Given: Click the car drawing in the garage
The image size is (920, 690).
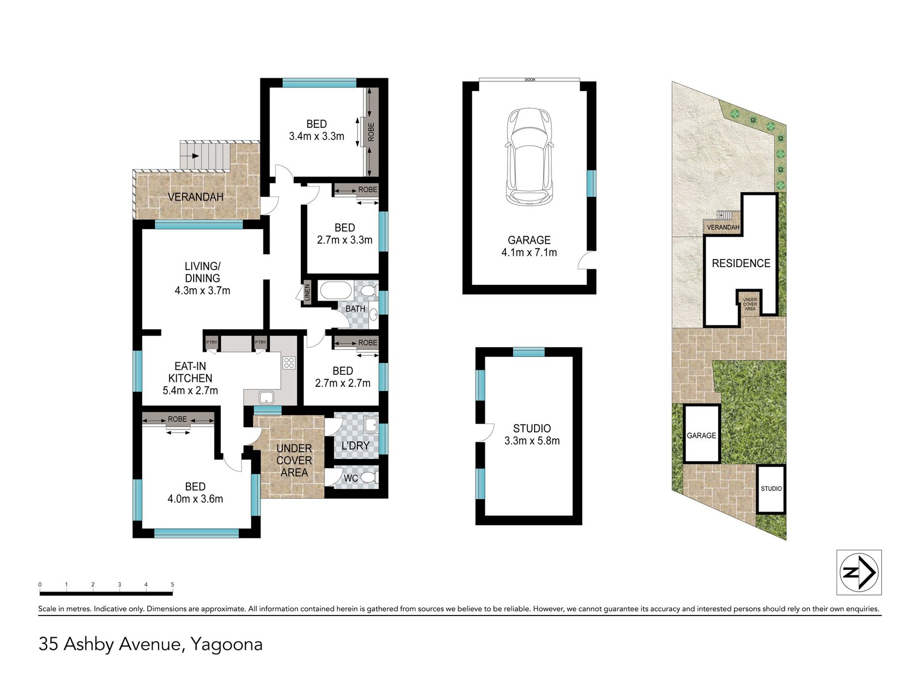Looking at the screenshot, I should pyautogui.click(x=529, y=156).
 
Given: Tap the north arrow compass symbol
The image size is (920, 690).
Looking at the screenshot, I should pyautogui.click(x=859, y=572).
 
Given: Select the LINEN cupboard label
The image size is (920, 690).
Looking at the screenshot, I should pyautogui.click(x=307, y=292).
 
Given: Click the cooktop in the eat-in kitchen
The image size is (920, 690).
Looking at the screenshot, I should pyautogui.click(x=289, y=363).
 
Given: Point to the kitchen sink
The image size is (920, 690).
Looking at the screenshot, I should pyautogui.click(x=266, y=398).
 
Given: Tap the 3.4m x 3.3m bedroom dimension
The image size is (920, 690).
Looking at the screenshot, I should pyautogui.click(x=316, y=137).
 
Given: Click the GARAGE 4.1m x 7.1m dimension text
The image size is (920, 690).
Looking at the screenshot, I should pyautogui.click(x=529, y=252).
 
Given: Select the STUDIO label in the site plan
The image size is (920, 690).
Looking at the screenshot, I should pyautogui.click(x=771, y=489).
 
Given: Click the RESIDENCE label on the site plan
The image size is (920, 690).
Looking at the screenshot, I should pyautogui.click(x=740, y=263).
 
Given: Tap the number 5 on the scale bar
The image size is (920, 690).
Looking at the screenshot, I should pyautogui.click(x=172, y=584).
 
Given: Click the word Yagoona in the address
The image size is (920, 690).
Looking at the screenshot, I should pyautogui.click(x=226, y=644).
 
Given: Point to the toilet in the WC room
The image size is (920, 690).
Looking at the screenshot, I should pyautogui.click(x=369, y=478).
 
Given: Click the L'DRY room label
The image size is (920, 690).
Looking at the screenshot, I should pyautogui.click(x=355, y=445).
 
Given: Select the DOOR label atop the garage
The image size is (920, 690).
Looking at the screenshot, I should pyautogui.click(x=530, y=79).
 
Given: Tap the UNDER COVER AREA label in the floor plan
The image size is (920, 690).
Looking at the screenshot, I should pyautogui.click(x=294, y=460).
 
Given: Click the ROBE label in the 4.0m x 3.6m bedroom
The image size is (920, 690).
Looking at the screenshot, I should pyautogui.click(x=177, y=419).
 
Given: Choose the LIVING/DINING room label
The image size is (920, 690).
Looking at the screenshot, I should pyautogui.click(x=202, y=272).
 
